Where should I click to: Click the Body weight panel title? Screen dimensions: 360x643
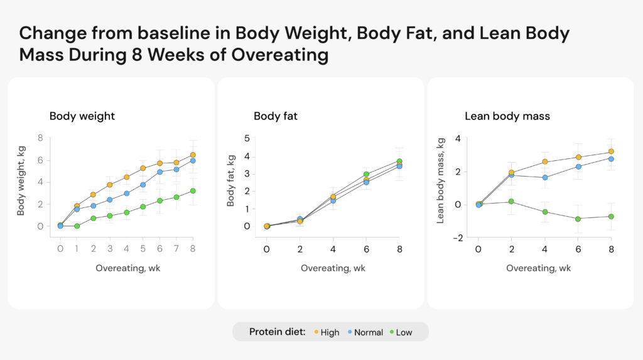82,116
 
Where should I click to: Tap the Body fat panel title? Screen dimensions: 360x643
276,116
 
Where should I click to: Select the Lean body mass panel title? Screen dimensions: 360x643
507,116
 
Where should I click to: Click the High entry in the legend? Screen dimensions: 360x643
330,332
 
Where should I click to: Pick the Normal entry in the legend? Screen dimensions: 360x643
368,332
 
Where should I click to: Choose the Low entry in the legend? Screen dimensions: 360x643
404,332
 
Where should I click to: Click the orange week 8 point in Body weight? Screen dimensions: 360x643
193,155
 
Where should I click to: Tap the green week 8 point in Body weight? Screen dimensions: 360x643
193,191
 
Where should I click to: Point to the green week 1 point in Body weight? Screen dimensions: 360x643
77,226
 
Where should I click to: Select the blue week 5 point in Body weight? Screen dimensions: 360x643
143,185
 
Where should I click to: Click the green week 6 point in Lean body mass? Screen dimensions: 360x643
578,219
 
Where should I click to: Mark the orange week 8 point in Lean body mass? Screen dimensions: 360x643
611,151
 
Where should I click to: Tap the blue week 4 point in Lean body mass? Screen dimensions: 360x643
545,178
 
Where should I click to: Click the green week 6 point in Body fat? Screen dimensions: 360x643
366,175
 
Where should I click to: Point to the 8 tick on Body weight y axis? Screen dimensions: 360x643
40,138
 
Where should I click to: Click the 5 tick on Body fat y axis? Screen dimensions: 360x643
247,138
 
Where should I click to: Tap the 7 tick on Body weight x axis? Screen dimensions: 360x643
176,249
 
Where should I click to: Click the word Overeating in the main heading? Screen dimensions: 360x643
280,55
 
